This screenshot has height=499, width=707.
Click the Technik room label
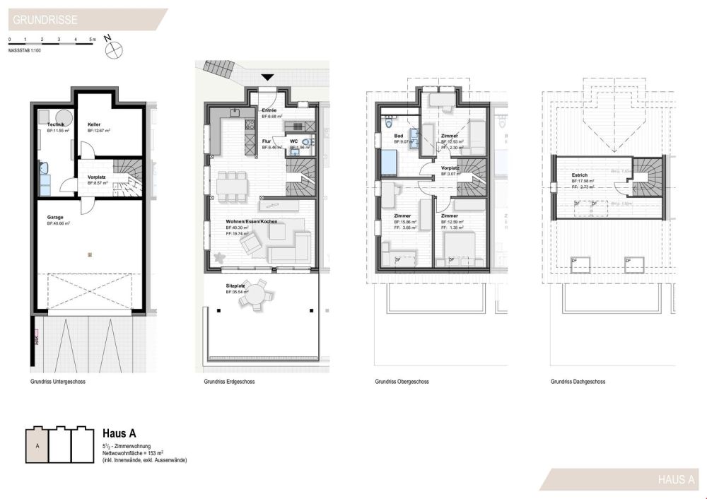(x=55, y=124)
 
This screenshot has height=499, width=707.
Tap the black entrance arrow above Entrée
(x=267, y=77)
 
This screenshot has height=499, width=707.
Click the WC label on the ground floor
(x=293, y=141)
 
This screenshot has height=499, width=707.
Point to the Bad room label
(x=398, y=136)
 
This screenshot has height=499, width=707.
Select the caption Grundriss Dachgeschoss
(x=578, y=382)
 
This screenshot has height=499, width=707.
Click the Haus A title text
(x=119, y=433)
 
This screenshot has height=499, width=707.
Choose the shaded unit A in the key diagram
(x=37, y=447)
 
